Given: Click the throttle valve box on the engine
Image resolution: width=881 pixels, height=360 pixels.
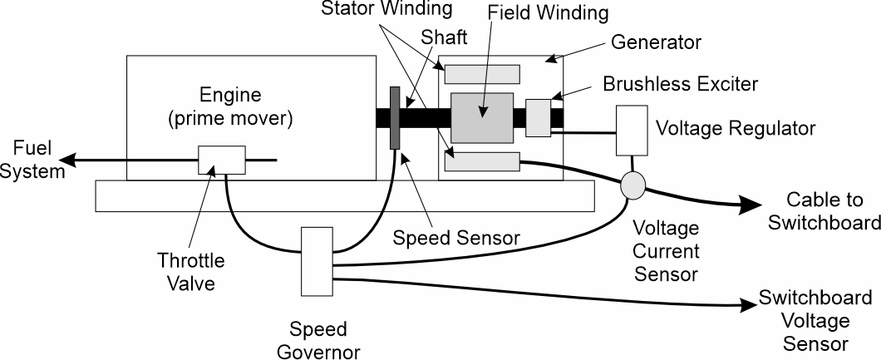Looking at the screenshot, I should [x=221, y=159].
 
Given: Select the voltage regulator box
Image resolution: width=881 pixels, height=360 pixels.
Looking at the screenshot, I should [x=632, y=131].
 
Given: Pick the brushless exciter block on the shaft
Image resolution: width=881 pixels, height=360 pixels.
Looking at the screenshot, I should [x=539, y=117].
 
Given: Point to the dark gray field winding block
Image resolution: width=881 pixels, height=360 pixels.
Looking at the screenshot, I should [x=482, y=117].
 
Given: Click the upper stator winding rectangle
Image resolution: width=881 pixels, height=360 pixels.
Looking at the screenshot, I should [x=482, y=74].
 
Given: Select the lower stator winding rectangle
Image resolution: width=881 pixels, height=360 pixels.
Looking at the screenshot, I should [x=482, y=162].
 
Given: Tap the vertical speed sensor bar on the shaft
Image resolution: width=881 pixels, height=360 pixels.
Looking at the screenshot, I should [x=395, y=117].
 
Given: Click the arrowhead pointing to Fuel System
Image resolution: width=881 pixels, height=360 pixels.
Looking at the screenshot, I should [x=73, y=159].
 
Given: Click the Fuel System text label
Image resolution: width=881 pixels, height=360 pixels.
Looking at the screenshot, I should [x=32, y=161].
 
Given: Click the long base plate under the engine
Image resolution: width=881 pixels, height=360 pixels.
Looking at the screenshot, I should [x=345, y=195].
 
